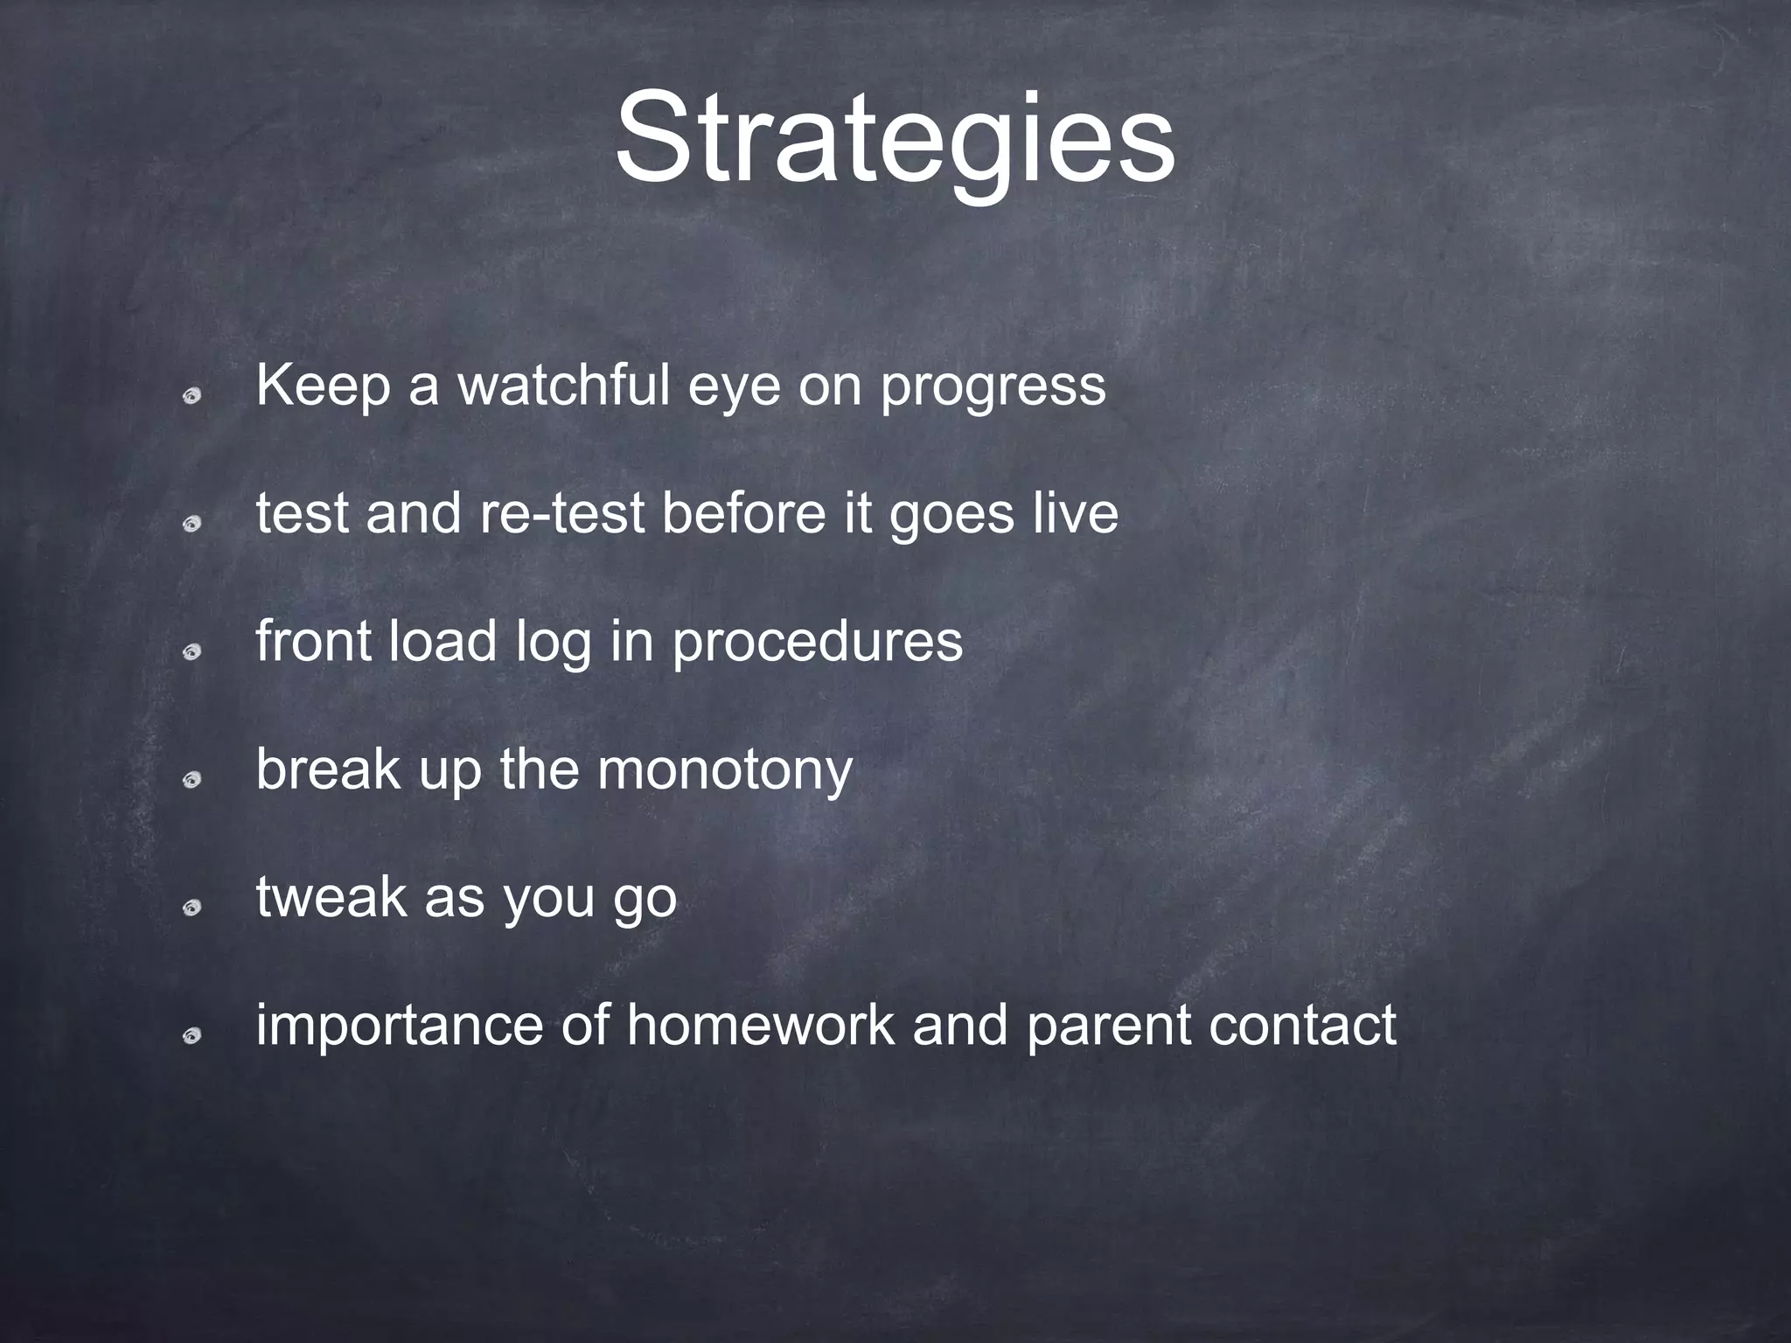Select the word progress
pyautogui.click(x=993, y=386)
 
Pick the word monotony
pyautogui.click(x=725, y=770)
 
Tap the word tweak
pyautogui.click(x=331, y=897)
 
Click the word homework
pyautogui.click(x=760, y=1025)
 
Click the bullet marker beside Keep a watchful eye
pyautogui.click(x=192, y=397)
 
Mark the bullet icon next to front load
pyautogui.click(x=192, y=652)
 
